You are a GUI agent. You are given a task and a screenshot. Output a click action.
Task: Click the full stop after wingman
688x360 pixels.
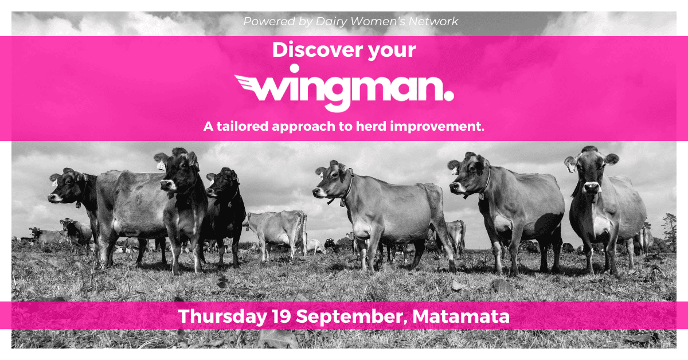coord(448,92)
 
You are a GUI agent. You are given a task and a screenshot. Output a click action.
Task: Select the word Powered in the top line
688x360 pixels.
coord(265,22)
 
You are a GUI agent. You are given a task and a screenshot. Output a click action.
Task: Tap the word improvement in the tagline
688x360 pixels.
coord(437,126)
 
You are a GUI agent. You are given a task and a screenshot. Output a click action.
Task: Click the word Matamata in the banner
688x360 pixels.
coord(461,316)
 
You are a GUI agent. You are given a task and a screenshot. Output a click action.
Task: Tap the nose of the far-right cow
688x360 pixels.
coord(591,187)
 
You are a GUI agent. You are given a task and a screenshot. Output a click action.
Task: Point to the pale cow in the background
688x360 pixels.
coord(276,226)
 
